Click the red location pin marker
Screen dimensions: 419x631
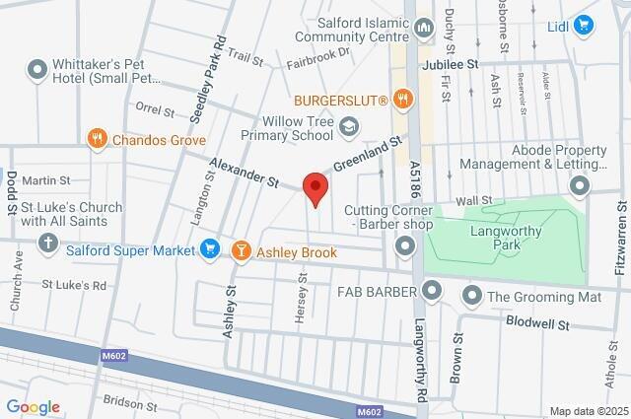pos(315,187)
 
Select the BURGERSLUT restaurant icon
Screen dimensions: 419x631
pos(401,99)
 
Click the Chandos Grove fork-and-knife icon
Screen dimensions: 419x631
pos(97,139)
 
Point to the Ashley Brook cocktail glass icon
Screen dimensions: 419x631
pos(240,252)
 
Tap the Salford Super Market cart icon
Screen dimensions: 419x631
pos(209,250)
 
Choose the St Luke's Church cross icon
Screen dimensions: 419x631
pos(49,243)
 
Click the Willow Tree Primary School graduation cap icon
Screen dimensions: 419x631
pos(348,126)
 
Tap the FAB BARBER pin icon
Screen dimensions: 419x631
pos(432,290)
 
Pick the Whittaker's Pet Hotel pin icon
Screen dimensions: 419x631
pos(37,69)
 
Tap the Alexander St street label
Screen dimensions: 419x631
pos(245,170)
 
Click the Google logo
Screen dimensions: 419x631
pos(33,407)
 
